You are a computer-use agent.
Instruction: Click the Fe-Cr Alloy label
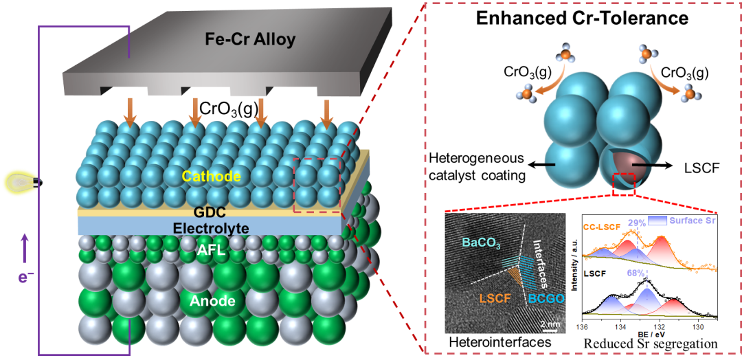click(x=250, y=39)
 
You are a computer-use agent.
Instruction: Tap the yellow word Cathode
click(x=211, y=177)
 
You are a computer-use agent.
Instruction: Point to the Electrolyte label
click(x=210, y=227)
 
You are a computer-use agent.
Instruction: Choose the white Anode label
click(x=213, y=301)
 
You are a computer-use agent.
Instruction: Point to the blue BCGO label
click(x=547, y=300)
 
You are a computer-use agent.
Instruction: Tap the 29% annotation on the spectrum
click(x=636, y=223)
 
